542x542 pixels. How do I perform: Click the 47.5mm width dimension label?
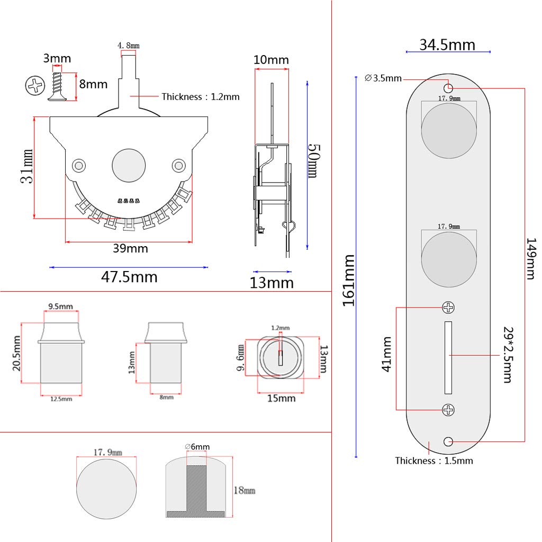click(129, 277)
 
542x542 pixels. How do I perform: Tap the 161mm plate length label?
click(348, 281)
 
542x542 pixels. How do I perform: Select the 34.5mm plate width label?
click(447, 44)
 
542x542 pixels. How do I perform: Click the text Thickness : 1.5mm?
click(434, 460)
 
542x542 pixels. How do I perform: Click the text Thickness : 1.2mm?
click(201, 96)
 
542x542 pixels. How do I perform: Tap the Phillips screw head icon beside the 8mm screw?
click(35, 86)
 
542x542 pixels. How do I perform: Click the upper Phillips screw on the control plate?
click(448, 308)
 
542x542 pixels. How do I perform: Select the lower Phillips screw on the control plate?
click(448, 409)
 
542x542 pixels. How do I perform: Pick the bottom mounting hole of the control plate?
click(449, 441)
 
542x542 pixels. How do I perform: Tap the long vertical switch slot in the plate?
click(448, 358)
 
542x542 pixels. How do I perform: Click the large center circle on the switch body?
click(129, 166)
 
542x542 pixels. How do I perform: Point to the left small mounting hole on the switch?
click(79, 166)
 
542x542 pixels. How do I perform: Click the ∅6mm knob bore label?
click(197, 447)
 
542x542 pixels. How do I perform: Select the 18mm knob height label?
click(244, 491)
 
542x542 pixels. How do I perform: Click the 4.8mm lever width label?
click(128, 46)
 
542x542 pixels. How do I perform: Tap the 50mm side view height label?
click(313, 161)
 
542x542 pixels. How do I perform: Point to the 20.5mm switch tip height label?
click(16, 353)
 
